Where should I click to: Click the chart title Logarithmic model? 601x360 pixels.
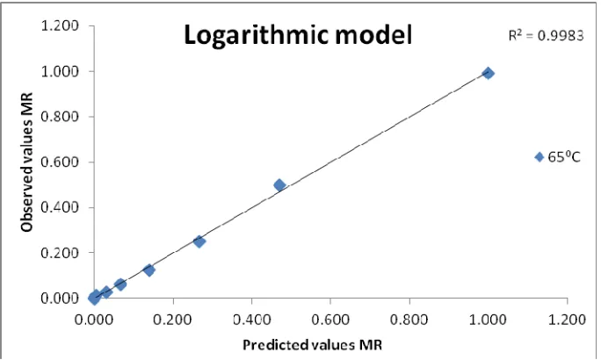(298, 35)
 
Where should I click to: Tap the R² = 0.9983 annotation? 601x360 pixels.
(546, 35)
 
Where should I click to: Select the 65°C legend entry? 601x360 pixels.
(557, 157)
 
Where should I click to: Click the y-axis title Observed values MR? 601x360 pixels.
(27, 162)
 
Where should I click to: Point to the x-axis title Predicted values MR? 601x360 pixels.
(313, 345)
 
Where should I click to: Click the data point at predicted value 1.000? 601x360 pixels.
(488, 73)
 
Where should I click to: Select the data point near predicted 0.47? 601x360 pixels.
(279, 185)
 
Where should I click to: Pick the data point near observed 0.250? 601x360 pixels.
(199, 241)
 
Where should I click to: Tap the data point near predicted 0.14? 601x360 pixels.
(149, 270)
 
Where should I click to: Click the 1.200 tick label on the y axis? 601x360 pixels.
(60, 26)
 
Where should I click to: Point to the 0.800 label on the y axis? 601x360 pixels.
(60, 117)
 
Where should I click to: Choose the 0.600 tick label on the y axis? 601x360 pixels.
(60, 162)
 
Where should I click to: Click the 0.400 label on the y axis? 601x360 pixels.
(60, 207)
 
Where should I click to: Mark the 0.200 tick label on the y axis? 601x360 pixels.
(60, 253)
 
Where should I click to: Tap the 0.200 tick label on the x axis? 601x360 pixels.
(172, 319)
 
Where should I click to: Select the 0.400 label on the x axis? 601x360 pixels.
(251, 319)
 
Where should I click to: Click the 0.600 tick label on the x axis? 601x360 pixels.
(330, 319)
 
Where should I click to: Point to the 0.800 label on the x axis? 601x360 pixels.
(409, 319)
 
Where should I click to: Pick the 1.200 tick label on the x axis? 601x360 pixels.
(567, 319)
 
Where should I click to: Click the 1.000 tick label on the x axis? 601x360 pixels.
(489, 319)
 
